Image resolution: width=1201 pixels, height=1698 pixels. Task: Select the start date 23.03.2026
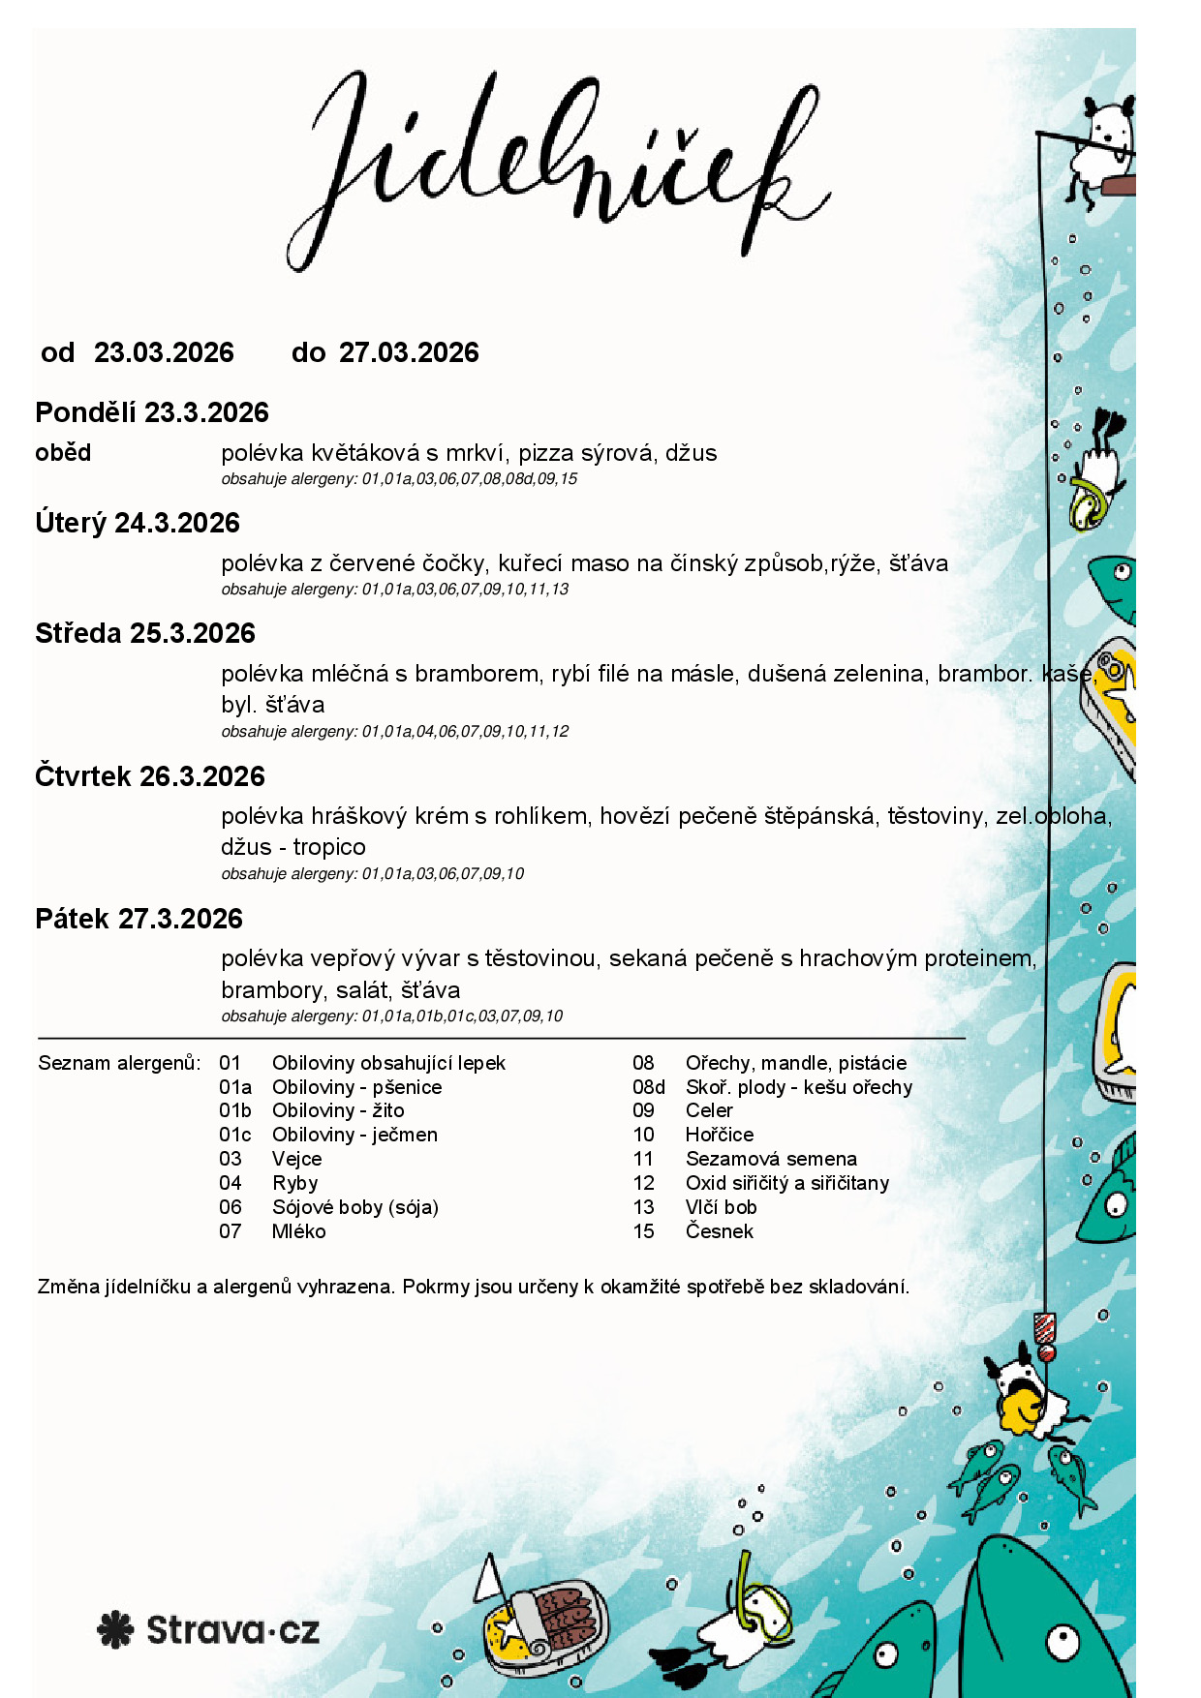[x=164, y=352]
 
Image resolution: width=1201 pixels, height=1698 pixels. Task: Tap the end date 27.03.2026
[x=409, y=352]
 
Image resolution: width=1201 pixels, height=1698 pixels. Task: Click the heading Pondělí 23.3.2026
[x=152, y=412]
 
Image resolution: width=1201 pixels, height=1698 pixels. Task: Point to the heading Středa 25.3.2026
[x=145, y=633]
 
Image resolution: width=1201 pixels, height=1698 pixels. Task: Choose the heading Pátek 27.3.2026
[x=139, y=919]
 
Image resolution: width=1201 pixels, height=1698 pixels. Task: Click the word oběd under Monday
[x=63, y=452]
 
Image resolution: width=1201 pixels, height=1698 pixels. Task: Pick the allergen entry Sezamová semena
[x=771, y=1159]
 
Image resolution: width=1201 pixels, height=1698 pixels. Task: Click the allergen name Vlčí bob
[x=721, y=1207]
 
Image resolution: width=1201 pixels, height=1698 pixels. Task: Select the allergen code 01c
[x=234, y=1135]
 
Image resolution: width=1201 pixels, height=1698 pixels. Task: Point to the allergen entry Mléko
[x=298, y=1231]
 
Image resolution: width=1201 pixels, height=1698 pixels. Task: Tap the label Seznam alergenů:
[x=119, y=1063]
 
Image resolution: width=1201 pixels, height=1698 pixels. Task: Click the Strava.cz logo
[x=208, y=1629]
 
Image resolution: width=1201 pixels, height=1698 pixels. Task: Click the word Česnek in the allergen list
[x=719, y=1231]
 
